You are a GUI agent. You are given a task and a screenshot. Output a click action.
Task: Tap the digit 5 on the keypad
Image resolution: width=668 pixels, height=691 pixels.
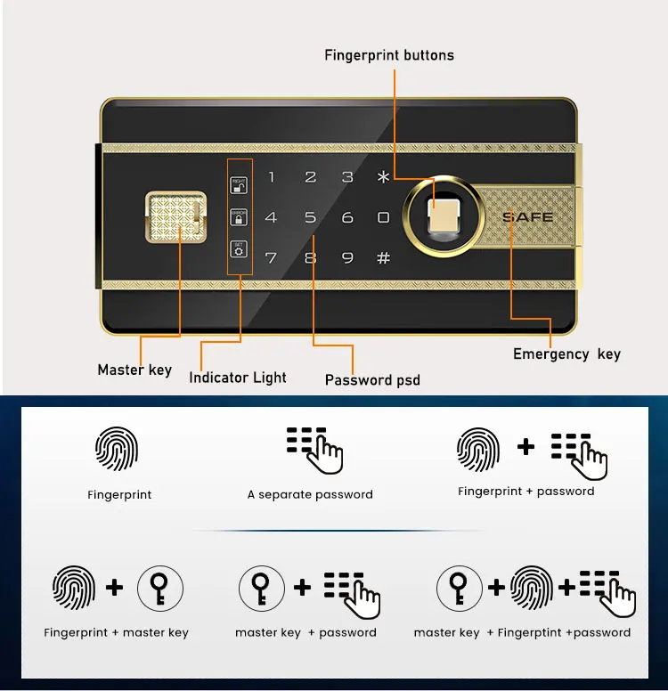click(310, 217)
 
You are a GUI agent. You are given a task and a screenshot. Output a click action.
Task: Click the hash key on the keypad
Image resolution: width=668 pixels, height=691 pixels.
click(384, 258)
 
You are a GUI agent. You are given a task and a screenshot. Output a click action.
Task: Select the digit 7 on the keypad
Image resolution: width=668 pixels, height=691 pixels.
click(272, 258)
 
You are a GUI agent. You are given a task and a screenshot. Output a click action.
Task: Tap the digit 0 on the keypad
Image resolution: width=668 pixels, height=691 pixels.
click(384, 217)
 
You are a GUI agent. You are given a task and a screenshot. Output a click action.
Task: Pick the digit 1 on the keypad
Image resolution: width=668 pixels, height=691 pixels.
click(272, 177)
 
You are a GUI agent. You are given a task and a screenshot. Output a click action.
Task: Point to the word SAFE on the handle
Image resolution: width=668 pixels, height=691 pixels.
click(528, 216)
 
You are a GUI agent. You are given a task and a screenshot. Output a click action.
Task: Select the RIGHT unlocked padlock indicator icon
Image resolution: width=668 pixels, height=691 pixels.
click(239, 185)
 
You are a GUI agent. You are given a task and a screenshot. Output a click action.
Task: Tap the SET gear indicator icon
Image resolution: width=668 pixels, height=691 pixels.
click(239, 248)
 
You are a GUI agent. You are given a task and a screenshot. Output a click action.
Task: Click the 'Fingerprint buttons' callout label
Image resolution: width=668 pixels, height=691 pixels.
click(389, 55)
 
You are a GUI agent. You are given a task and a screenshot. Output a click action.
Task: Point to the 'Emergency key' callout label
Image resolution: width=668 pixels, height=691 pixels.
click(566, 354)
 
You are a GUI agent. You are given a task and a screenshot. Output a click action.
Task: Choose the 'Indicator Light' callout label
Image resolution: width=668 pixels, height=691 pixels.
click(238, 378)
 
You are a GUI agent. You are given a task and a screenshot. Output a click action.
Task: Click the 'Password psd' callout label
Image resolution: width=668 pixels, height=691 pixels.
click(372, 380)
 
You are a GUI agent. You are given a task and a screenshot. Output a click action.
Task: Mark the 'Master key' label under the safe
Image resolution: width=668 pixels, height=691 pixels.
click(134, 370)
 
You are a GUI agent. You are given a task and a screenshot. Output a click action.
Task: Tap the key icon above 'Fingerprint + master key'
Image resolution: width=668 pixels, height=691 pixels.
click(161, 589)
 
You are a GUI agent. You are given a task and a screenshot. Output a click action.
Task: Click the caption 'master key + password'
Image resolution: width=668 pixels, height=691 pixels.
click(305, 633)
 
